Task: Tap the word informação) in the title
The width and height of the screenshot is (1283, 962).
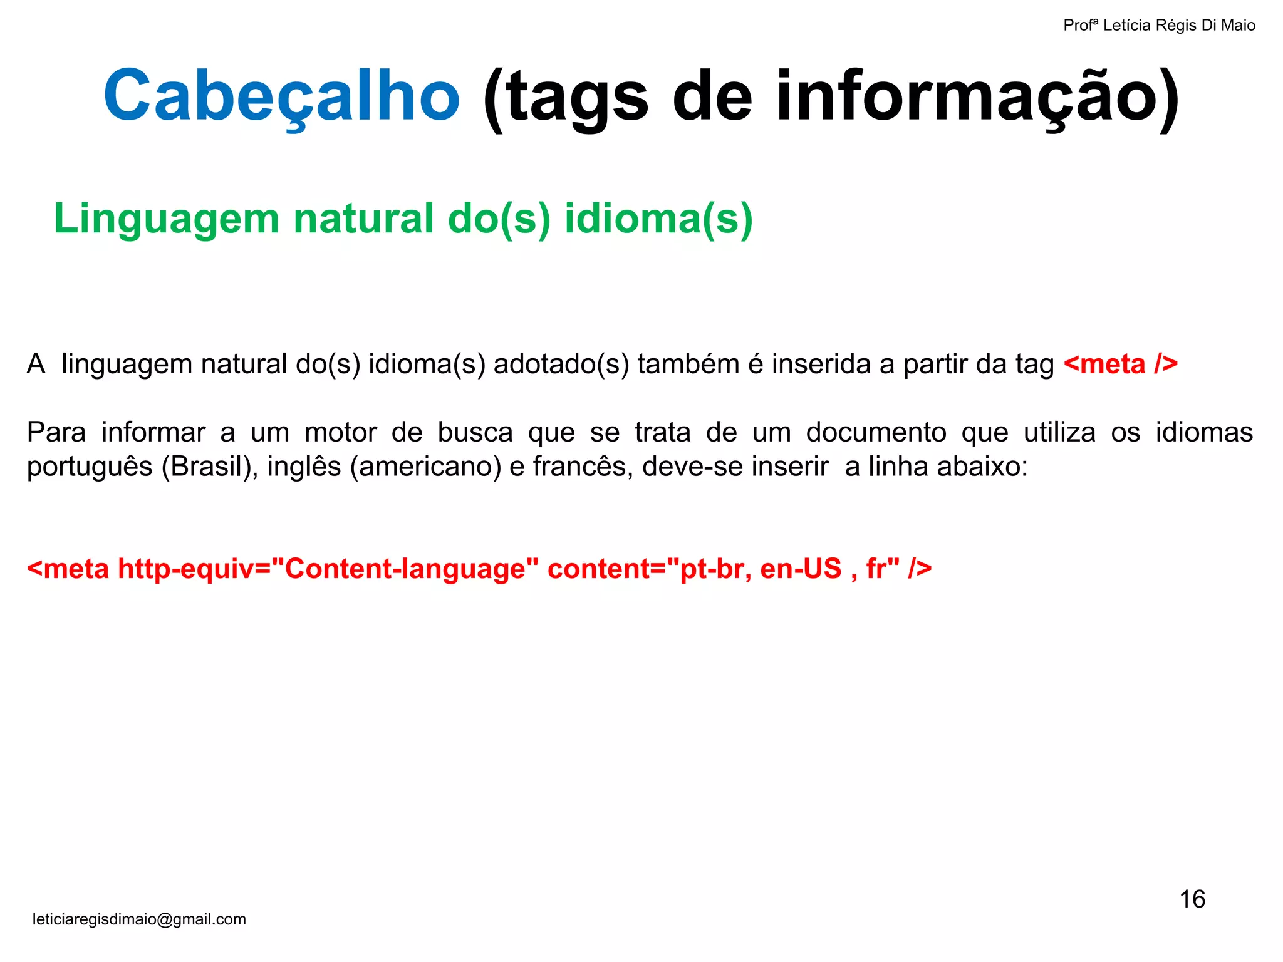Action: (x=977, y=97)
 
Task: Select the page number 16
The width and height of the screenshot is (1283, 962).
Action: (x=1192, y=899)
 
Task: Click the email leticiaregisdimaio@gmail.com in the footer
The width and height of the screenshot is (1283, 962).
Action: (x=139, y=919)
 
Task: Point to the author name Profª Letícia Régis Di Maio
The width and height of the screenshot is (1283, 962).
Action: (x=1159, y=26)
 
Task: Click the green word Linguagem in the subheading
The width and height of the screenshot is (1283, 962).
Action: (x=166, y=219)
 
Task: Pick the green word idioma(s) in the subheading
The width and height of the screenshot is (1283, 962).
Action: (x=658, y=219)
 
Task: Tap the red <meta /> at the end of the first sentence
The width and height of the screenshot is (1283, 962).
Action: (x=1121, y=365)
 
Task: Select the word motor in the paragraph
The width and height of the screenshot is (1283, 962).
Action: (x=340, y=433)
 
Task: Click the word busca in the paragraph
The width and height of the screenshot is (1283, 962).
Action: (x=475, y=433)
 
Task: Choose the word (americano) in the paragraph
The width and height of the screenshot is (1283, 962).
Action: (x=425, y=467)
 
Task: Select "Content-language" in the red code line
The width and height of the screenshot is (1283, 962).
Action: (x=405, y=569)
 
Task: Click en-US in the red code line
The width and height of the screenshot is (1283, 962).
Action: (x=801, y=569)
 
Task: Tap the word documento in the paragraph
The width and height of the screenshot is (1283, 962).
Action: (x=876, y=433)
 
